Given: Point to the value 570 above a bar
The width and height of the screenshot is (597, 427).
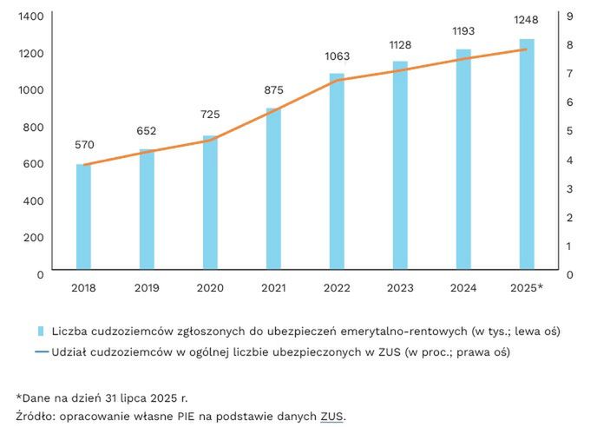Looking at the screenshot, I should [x=84, y=145].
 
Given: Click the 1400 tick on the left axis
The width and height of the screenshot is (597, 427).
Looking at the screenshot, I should [x=30, y=16].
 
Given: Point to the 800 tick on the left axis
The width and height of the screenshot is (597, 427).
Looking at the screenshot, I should [x=33, y=128].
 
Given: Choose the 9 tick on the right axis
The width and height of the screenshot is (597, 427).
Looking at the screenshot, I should [x=569, y=16].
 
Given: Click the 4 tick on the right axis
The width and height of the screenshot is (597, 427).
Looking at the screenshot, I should [x=569, y=160].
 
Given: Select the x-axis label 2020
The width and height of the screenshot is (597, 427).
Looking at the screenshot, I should [x=210, y=288].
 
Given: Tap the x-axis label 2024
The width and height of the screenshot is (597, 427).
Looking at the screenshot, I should [x=463, y=288].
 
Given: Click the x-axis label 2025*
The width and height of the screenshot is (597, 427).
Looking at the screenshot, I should [x=527, y=288].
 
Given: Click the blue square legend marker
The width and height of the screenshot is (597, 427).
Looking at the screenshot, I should [x=39, y=331].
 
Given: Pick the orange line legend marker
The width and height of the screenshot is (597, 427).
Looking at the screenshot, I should [x=39, y=351].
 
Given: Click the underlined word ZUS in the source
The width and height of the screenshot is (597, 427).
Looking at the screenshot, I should [x=332, y=417].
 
